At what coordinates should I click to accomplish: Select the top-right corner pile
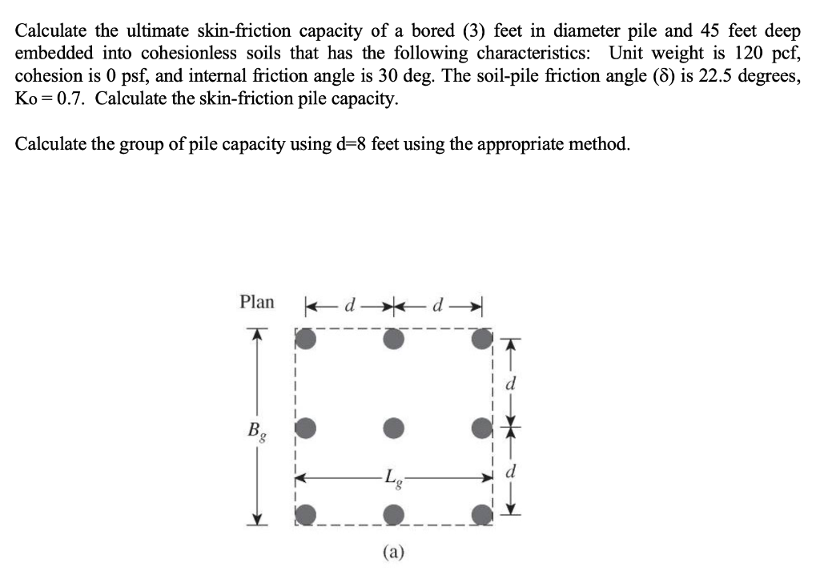click(479, 340)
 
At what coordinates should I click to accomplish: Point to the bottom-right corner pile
click(479, 513)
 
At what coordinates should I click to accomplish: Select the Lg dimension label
click(392, 480)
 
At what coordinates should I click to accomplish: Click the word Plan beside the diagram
click(256, 302)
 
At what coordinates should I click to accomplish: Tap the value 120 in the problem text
click(749, 54)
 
